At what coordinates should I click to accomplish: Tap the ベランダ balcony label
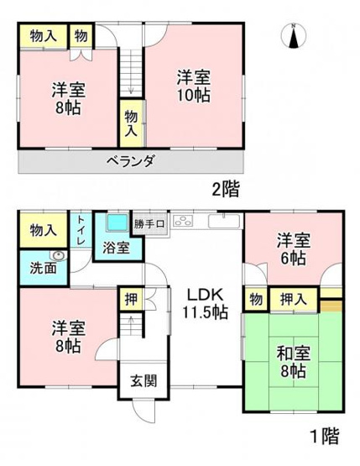pyautogui.click(x=130, y=162)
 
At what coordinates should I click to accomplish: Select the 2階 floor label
pyautogui.click(x=224, y=190)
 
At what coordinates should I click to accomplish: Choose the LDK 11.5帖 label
pyautogui.click(x=201, y=305)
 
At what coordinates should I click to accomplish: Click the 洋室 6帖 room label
pyautogui.click(x=293, y=249)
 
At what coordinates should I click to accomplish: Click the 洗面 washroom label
pyautogui.click(x=34, y=269)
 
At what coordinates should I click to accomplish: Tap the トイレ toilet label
pyautogui.click(x=81, y=230)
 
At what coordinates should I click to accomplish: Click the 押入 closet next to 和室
pyautogui.click(x=293, y=298)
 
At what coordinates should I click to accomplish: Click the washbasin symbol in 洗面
pyautogui.click(x=57, y=258)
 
